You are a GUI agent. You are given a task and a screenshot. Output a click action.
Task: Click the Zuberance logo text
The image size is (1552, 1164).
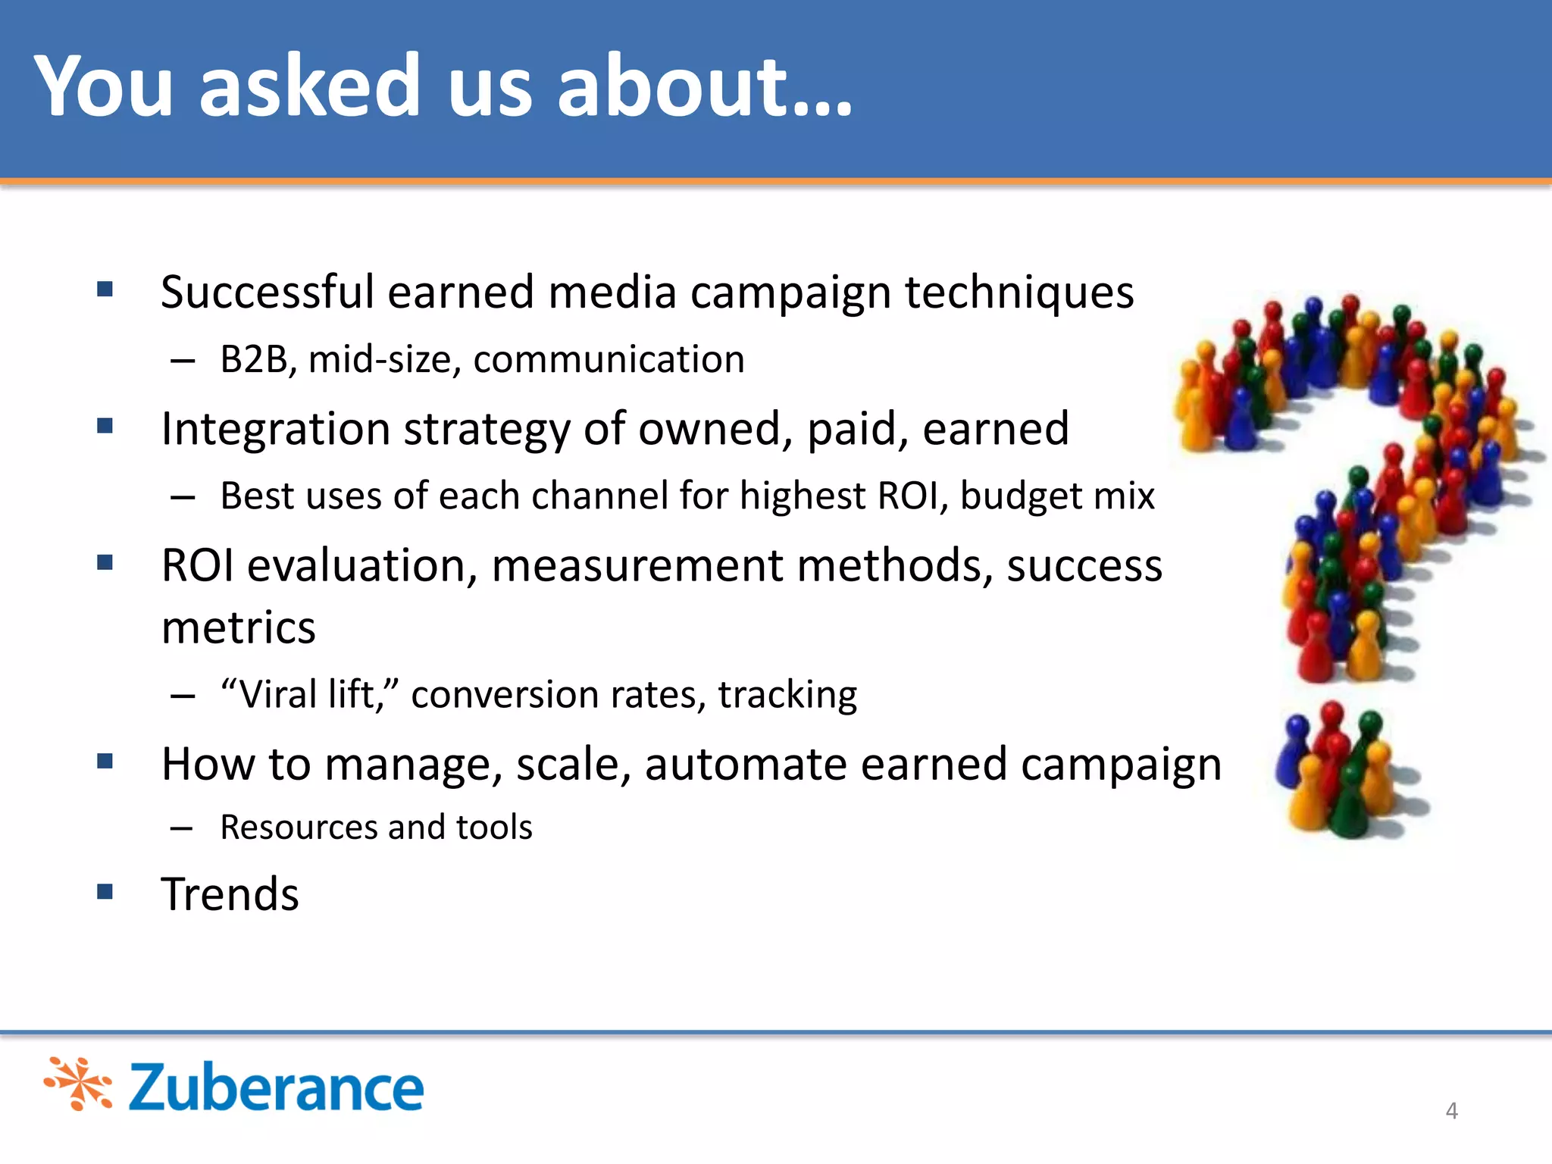coord(276,1087)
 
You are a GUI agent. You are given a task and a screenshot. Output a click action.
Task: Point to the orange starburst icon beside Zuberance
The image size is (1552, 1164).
coord(79,1084)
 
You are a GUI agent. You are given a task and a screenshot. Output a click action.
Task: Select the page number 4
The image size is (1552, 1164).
coord(1451,1110)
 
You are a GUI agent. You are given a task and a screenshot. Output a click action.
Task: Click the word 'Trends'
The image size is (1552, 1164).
coord(230,894)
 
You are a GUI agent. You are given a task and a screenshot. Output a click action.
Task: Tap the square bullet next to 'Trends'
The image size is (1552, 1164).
coord(105,891)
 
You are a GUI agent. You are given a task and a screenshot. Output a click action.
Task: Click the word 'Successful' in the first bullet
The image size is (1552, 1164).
coord(268,293)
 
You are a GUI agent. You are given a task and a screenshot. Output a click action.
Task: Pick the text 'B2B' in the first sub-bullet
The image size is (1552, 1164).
coord(253,359)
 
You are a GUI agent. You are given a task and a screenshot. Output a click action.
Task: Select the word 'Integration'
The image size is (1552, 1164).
coord(274,429)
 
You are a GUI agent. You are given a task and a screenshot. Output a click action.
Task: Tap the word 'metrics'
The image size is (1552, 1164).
coord(239,627)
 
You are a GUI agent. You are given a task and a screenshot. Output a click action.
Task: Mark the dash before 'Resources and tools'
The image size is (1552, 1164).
coord(182,828)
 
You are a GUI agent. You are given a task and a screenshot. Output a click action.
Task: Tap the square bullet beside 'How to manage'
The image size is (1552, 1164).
coord(105,761)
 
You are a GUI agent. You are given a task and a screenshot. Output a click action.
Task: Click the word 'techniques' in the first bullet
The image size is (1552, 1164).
coord(1018,293)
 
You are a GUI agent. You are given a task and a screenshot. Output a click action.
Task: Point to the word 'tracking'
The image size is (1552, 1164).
coord(787,694)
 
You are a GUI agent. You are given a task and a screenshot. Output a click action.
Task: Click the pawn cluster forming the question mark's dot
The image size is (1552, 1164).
coord(1345,773)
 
